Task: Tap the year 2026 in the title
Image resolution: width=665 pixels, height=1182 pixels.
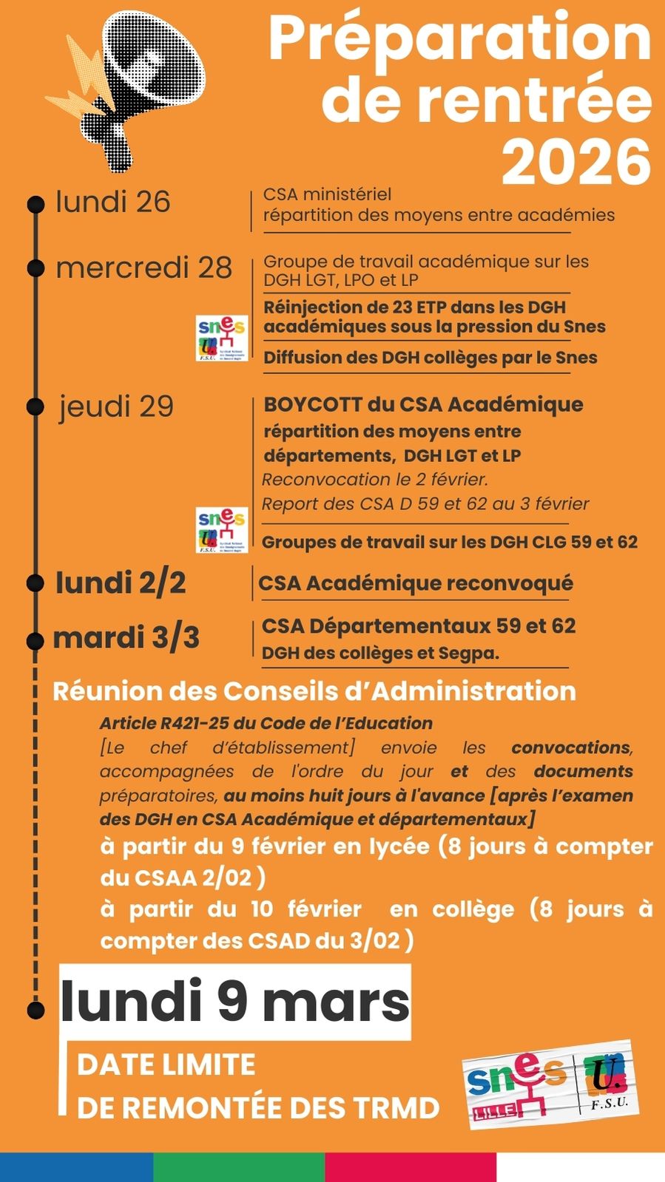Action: click(576, 162)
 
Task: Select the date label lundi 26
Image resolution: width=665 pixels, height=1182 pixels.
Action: click(113, 202)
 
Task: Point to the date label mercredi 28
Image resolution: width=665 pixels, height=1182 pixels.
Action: click(144, 268)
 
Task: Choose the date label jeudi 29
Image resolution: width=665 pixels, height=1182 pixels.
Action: click(117, 406)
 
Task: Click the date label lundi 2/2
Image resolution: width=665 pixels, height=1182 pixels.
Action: click(121, 582)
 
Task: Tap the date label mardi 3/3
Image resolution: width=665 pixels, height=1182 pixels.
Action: click(126, 637)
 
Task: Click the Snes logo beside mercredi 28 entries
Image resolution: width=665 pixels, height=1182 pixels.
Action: click(222, 339)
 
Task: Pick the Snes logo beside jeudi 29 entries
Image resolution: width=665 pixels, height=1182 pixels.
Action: click(222, 530)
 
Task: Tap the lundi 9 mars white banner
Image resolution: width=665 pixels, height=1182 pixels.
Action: click(235, 1002)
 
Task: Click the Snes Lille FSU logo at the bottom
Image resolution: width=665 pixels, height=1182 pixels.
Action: click(551, 1084)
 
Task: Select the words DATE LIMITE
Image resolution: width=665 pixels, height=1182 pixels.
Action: click(166, 1064)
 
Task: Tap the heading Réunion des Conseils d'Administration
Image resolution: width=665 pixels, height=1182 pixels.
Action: click(314, 691)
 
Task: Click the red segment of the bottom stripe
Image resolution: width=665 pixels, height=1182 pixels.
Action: click(411, 1166)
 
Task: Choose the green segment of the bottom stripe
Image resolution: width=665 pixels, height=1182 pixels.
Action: click(239, 1166)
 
